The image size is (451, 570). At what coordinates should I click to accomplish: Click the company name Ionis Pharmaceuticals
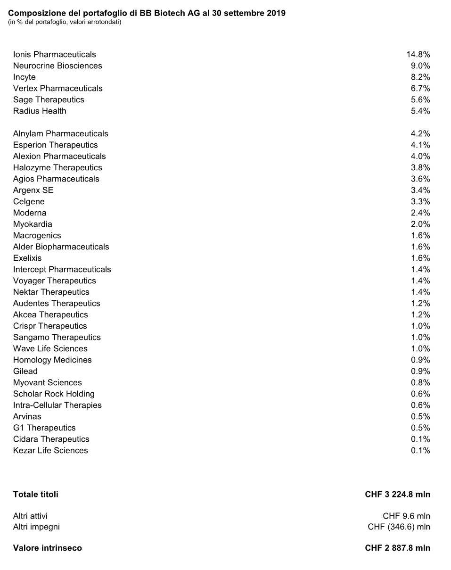pos(54,55)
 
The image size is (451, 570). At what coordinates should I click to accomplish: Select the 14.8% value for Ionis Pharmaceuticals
pos(418,55)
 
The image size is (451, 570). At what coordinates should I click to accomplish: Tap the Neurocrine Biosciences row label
pos(57,66)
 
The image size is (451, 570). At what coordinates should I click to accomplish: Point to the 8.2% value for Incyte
pos(420,77)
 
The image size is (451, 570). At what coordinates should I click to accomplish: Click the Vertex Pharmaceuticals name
pos(57,89)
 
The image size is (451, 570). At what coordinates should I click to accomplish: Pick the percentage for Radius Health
pos(420,111)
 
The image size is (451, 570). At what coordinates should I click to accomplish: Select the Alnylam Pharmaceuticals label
pos(60,134)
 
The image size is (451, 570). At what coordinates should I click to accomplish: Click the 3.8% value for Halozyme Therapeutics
pos(420,168)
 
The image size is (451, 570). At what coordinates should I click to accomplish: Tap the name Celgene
pos(29,202)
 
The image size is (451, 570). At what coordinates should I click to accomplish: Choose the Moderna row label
pos(30,213)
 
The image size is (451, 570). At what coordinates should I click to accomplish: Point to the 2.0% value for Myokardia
pos(420,224)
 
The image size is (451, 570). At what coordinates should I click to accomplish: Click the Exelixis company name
pos(27,258)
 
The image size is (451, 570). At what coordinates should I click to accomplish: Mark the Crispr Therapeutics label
pos(50,326)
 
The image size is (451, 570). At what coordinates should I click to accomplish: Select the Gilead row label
pos(25,372)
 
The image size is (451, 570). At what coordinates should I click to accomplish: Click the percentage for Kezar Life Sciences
pos(420,451)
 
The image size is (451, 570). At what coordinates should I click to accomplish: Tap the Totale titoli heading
pos(36,495)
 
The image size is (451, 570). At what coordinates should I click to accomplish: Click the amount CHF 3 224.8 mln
pos(397,495)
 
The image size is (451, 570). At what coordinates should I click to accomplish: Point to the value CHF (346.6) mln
pos(399,527)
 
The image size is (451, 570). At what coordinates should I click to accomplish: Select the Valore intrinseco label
pos(47,548)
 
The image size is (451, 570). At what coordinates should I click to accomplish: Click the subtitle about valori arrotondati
pos(65,22)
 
